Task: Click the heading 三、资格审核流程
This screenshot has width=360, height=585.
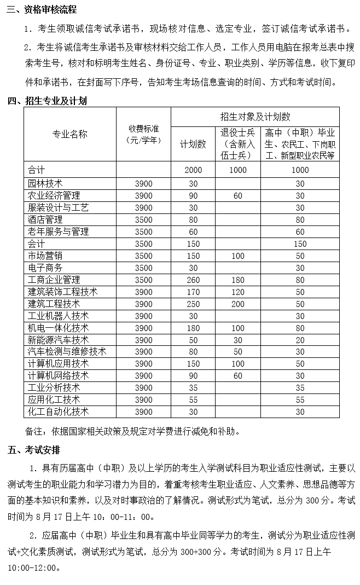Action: click(42, 10)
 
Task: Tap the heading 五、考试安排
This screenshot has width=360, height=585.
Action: click(34, 450)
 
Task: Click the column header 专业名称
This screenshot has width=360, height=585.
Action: click(69, 134)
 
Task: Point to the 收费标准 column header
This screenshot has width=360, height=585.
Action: click(143, 134)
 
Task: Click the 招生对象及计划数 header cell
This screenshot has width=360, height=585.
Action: click(255, 117)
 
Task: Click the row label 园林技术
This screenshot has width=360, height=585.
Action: click(45, 183)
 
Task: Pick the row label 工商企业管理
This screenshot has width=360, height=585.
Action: click(54, 280)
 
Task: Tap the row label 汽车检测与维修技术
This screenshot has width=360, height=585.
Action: click(67, 351)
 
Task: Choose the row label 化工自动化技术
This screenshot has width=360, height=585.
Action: click(58, 412)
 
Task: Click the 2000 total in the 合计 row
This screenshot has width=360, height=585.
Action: click(193, 170)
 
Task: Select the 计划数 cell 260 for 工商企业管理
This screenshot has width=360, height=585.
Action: click(193, 280)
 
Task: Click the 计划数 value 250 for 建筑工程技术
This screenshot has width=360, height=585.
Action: click(193, 304)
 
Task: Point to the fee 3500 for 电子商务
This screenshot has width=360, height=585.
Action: click(143, 268)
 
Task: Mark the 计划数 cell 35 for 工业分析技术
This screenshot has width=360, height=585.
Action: click(193, 387)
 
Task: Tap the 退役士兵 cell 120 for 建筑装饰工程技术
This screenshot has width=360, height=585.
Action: click(237, 292)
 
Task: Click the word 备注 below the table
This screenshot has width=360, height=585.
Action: click(35, 431)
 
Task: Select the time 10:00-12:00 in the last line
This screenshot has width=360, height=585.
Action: click(32, 567)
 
